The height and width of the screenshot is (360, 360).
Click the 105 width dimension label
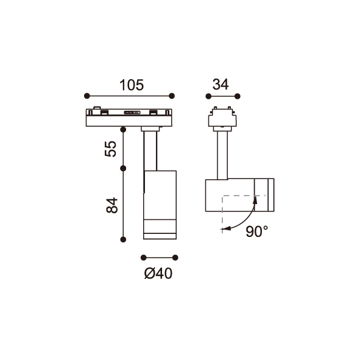132,85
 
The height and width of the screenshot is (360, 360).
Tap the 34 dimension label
221,84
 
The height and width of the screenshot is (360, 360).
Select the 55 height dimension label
111,149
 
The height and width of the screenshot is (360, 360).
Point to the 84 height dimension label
112,205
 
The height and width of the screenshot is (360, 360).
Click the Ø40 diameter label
158,274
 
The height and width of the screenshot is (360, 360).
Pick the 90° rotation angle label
257,231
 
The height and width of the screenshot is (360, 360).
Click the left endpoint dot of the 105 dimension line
87,96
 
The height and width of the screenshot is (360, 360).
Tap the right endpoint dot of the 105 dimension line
172,96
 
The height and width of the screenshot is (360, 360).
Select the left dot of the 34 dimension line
208,96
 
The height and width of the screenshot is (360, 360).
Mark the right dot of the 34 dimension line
238,96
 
